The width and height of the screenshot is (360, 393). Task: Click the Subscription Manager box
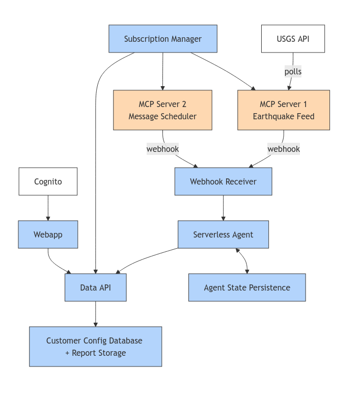(163, 39)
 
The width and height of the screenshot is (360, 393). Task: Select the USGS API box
(293, 39)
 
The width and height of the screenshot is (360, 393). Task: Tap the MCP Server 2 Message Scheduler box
(162, 110)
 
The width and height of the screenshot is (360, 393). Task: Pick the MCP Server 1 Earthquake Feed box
(284, 110)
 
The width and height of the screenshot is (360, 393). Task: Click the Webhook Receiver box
(223, 181)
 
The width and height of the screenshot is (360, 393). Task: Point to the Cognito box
(48, 181)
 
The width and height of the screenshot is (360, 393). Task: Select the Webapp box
(48, 234)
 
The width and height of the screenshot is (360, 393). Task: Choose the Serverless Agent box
(223, 234)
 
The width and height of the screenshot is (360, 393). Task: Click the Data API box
(95, 287)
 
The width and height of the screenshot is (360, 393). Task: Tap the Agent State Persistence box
(247, 287)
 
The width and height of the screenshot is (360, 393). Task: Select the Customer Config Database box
(95, 347)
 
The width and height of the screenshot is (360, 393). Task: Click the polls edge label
(293, 72)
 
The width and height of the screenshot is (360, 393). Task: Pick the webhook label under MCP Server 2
(162, 149)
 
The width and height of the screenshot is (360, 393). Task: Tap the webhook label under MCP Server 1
(284, 149)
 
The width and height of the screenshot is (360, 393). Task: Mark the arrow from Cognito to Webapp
(48, 208)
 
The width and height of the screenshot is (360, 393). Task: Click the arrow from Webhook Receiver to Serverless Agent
(223, 208)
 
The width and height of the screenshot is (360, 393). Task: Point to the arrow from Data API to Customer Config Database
(95, 314)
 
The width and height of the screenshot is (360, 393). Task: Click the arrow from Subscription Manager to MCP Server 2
(163, 71)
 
